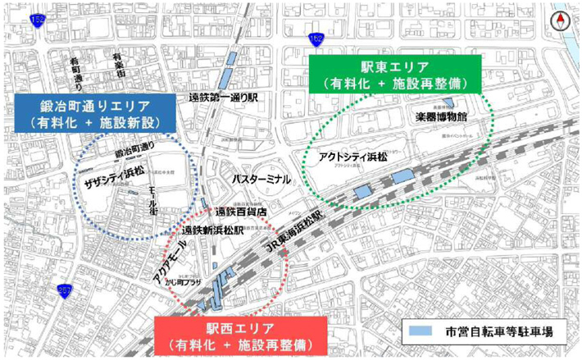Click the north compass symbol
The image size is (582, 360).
[562, 23]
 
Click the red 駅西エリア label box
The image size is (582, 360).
[239, 335]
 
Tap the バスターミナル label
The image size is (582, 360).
[261, 178]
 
